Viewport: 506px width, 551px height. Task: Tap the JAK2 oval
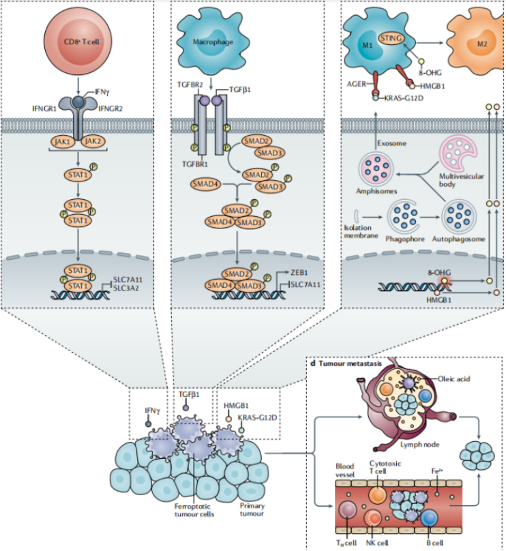point(95,140)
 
